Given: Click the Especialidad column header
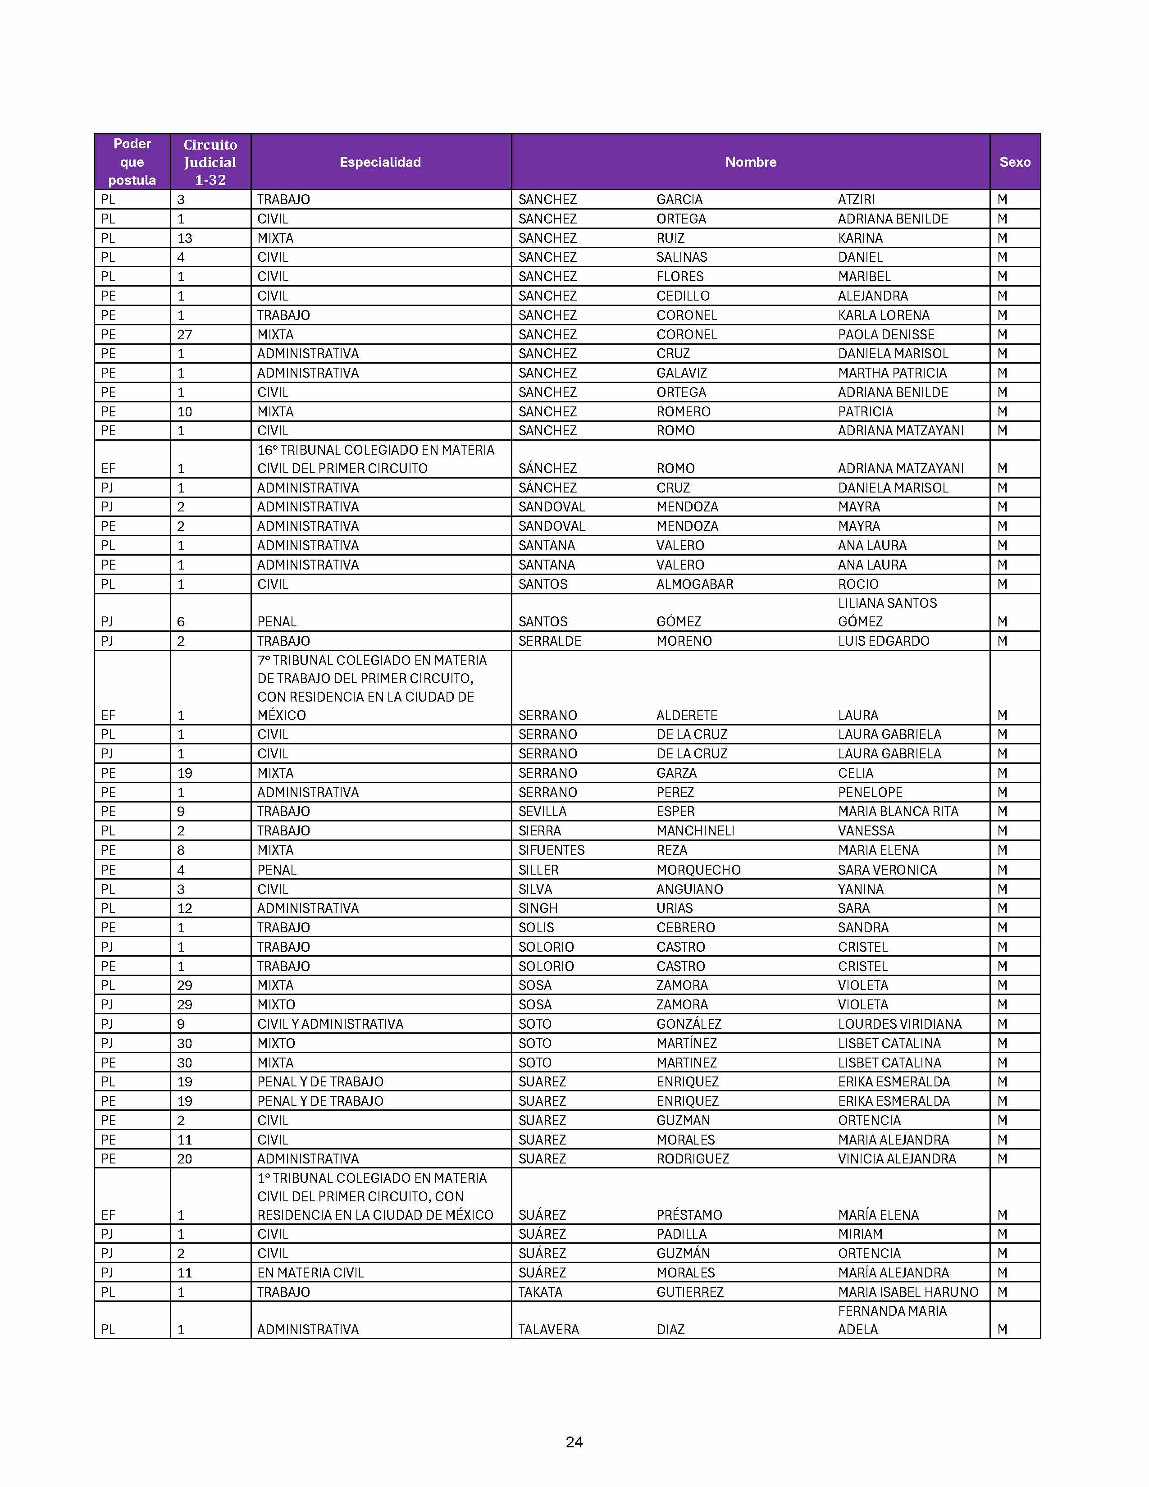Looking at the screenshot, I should (380, 162).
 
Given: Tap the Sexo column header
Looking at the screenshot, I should (1014, 162).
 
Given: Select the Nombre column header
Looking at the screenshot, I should (750, 162).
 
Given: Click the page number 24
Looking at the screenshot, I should (574, 1441).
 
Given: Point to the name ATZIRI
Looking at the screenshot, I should (856, 200).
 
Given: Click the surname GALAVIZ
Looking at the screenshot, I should (681, 373).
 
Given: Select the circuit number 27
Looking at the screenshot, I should (184, 335).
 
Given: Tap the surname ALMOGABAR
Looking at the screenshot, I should (694, 584).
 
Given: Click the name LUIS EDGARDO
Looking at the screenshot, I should (883, 641).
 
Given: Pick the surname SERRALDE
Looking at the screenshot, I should (549, 641).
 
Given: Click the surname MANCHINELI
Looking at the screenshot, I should (695, 830).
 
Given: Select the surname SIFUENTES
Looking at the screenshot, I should (551, 850).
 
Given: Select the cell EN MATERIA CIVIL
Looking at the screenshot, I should (310, 1273).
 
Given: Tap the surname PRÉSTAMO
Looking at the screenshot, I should (689, 1215).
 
